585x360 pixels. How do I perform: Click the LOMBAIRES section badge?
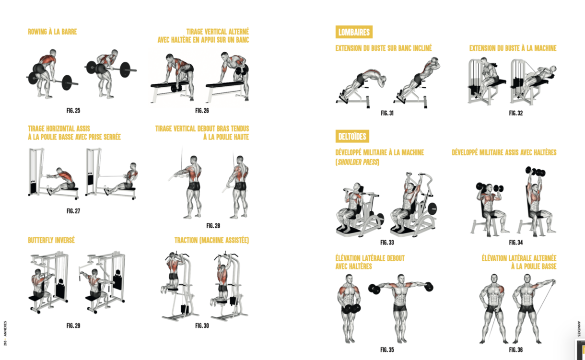(354, 32)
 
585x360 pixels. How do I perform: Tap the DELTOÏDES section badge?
(352, 136)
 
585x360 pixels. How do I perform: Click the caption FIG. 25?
(73, 111)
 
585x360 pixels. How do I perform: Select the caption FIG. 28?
(213, 226)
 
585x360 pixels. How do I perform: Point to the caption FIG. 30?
(202, 326)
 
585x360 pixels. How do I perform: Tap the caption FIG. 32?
(516, 113)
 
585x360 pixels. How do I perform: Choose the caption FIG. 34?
(516, 243)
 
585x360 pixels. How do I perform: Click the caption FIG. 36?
(516, 350)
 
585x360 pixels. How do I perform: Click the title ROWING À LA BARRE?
(52, 32)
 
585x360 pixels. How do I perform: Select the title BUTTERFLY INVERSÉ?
(51, 240)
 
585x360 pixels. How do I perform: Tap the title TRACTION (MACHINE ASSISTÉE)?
(211, 240)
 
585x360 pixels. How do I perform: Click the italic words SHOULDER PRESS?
(358, 163)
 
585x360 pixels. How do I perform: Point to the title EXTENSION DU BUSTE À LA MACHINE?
(513, 48)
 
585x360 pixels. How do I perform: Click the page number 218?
(5, 343)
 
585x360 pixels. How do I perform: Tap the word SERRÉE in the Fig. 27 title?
(112, 137)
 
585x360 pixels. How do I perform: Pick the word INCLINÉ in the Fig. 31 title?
(422, 48)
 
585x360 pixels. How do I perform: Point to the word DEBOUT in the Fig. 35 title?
(396, 258)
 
